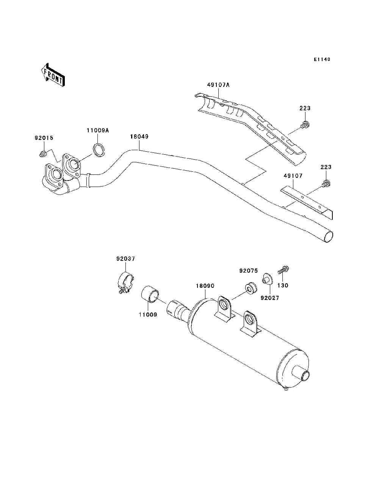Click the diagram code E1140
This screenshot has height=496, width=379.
pyautogui.click(x=322, y=60)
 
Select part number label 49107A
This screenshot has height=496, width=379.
pyautogui.click(x=218, y=85)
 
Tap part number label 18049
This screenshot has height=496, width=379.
pyautogui.click(x=139, y=136)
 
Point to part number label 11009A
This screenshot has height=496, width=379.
pyautogui.click(x=97, y=130)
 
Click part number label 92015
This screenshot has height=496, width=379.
pyautogui.click(x=44, y=138)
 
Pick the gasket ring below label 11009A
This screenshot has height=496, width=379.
pyautogui.click(x=99, y=150)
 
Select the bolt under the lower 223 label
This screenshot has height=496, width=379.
pyautogui.click(x=326, y=184)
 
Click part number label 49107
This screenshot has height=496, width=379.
pyautogui.click(x=293, y=176)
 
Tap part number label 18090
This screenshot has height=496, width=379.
pyautogui.click(x=205, y=286)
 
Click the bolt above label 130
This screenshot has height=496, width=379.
pyautogui.click(x=283, y=270)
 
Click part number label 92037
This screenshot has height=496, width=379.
pyautogui.click(x=125, y=259)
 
